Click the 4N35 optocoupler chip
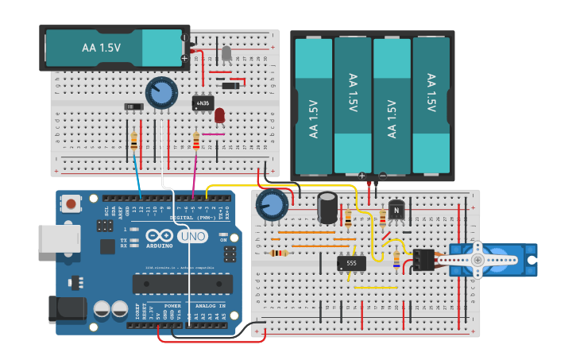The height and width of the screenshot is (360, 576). pyautogui.click(x=203, y=103)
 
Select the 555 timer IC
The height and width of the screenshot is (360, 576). pyautogui.click(x=351, y=262)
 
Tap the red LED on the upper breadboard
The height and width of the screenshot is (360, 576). pyautogui.click(x=220, y=115)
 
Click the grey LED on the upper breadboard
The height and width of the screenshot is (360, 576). pyautogui.click(x=226, y=54)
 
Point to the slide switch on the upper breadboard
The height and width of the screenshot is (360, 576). pyautogui.click(x=133, y=106)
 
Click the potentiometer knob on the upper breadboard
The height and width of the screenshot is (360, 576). pyautogui.click(x=161, y=92)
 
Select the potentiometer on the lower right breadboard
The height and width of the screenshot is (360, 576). pyautogui.click(x=272, y=205)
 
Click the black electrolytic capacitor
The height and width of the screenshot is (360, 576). pyautogui.click(x=327, y=207)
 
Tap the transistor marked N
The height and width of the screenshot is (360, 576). pyautogui.click(x=396, y=211)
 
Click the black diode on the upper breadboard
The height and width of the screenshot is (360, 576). pyautogui.click(x=230, y=85)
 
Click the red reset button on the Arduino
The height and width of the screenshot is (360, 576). pyautogui.click(x=72, y=204)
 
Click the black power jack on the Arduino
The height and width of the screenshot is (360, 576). pyautogui.click(x=67, y=308)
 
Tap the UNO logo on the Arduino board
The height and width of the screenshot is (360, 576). pyautogui.click(x=191, y=236)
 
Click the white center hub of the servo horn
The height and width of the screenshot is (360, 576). pyautogui.click(x=477, y=259)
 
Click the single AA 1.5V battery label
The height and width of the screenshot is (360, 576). pyautogui.click(x=101, y=48)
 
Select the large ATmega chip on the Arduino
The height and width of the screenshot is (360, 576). pyautogui.click(x=182, y=284)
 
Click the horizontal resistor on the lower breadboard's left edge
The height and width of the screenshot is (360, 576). pyautogui.click(x=278, y=254)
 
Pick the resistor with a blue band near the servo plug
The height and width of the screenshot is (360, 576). pyautogui.click(x=396, y=258)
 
